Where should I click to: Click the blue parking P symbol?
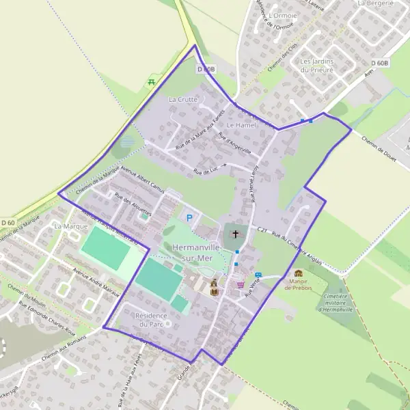tap(189, 218)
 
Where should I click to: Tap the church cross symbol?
tap(236, 234)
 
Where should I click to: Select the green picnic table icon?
tap(151, 83)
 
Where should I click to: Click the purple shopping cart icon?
tap(240, 284)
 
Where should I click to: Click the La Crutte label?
tap(182, 100)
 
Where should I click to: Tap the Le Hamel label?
tap(241, 126)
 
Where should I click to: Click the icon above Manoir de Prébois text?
tap(299, 273)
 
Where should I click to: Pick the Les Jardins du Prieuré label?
tap(317, 65)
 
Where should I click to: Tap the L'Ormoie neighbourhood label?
tap(283, 15)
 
